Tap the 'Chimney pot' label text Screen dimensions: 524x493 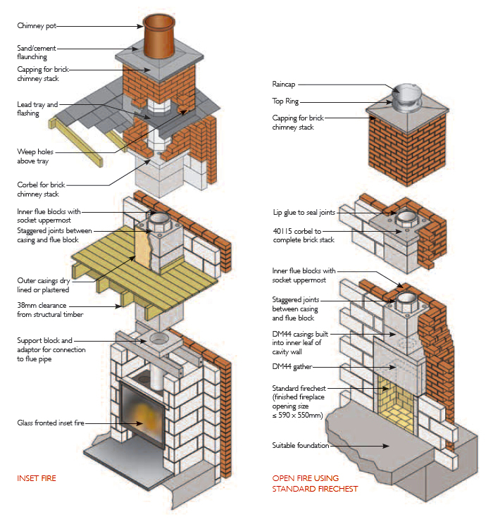tap(36, 26)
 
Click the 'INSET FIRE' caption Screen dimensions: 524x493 tap(37, 478)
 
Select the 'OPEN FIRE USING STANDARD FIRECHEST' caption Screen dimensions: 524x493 tap(315, 483)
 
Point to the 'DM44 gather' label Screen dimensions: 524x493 tap(294, 367)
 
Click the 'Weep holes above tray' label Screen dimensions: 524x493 tap(35, 156)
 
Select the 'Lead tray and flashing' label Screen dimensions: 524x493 tap(37, 108)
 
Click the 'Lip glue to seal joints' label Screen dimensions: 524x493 tap(305, 212)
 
